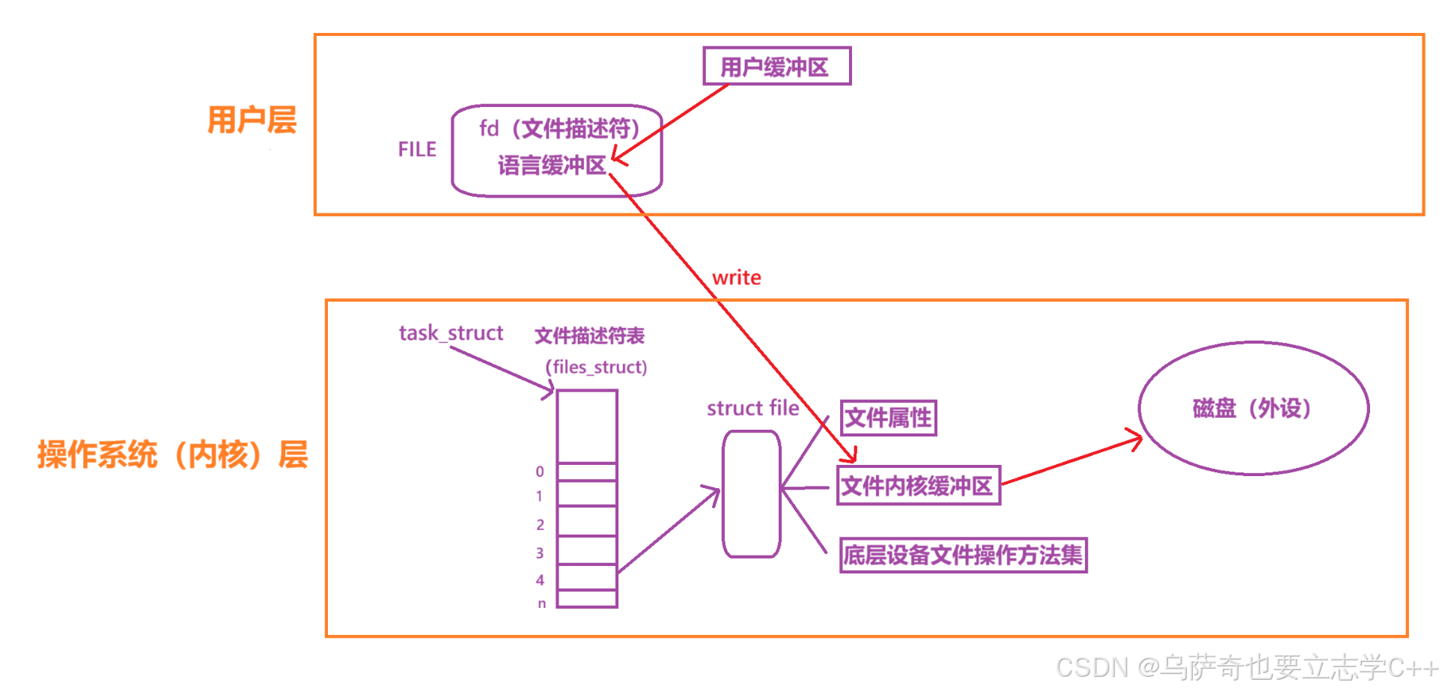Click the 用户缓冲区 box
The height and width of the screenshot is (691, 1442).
tap(776, 67)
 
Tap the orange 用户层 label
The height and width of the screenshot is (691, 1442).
tap(252, 120)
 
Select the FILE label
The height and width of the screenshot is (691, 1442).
tap(417, 150)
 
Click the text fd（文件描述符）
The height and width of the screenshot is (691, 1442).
tap(559, 129)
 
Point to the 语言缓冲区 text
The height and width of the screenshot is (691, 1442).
tap(552, 165)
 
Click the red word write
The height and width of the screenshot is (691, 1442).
tap(737, 278)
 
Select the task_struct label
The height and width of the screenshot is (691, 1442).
tap(451, 332)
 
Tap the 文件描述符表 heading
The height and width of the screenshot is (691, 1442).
tap(589, 335)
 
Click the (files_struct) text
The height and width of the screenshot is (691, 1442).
tap(596, 367)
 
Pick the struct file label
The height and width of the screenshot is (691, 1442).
tap(752, 408)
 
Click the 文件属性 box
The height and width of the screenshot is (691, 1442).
tap(888, 418)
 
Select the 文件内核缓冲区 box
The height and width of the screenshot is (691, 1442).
tap(918, 486)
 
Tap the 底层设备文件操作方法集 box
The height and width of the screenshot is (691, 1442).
tap(963, 555)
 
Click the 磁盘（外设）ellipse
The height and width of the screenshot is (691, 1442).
tap(1253, 409)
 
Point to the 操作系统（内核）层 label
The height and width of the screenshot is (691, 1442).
tap(173, 454)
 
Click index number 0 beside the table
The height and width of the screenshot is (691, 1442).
tap(540, 472)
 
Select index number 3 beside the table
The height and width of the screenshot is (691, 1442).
tap(540, 553)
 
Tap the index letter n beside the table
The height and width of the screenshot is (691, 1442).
tap(541, 603)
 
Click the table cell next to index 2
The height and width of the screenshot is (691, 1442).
tap(587, 521)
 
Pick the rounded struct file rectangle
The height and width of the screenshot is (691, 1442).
tap(751, 494)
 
